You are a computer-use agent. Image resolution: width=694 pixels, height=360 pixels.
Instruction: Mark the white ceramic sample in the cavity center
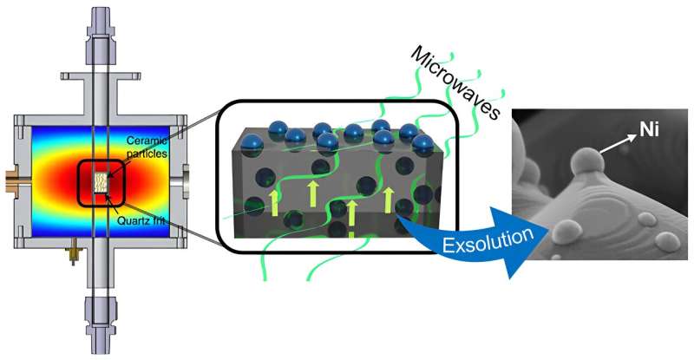tap(102, 181)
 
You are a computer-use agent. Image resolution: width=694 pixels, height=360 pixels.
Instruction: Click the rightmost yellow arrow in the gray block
tap(388, 199)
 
